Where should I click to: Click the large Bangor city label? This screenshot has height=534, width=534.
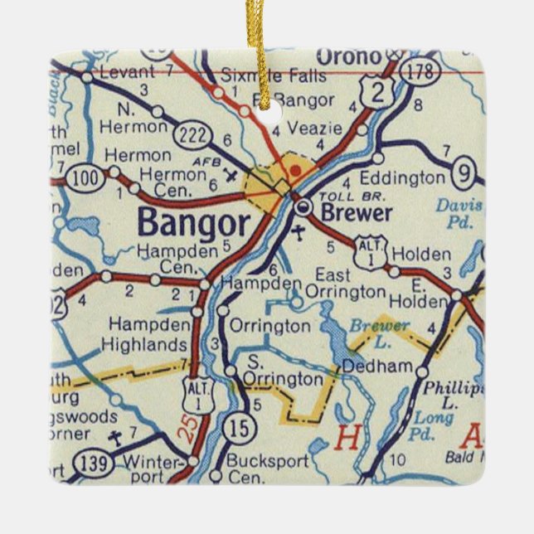click(x=192, y=223)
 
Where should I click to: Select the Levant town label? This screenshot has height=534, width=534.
click(x=127, y=73)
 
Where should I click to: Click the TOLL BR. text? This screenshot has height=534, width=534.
click(x=340, y=197)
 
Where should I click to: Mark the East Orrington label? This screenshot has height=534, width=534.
click(x=345, y=284)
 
